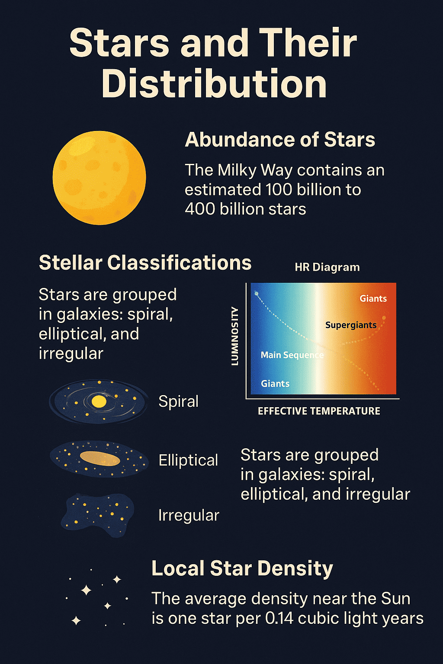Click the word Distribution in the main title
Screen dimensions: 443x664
(x=214, y=83)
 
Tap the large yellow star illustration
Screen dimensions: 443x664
(x=100, y=178)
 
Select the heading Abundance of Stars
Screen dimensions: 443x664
(x=280, y=140)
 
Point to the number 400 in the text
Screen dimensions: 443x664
(x=200, y=209)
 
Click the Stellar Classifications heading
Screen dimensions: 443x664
(x=145, y=263)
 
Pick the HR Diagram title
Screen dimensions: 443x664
(x=327, y=267)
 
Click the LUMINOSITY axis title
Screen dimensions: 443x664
(x=235, y=336)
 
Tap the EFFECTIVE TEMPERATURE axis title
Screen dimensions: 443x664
(x=319, y=411)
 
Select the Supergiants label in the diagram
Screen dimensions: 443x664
(x=351, y=325)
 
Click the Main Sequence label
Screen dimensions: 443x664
(x=292, y=355)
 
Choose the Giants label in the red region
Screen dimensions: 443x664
(x=373, y=299)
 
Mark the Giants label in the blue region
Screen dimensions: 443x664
(x=275, y=383)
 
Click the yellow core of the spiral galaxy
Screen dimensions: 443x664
(x=99, y=402)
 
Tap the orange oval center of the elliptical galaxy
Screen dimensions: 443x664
(x=100, y=459)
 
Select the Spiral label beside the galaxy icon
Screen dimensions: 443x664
(x=178, y=402)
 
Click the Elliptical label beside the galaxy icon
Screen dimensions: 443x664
(x=188, y=460)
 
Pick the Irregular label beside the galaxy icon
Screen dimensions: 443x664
(x=189, y=515)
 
